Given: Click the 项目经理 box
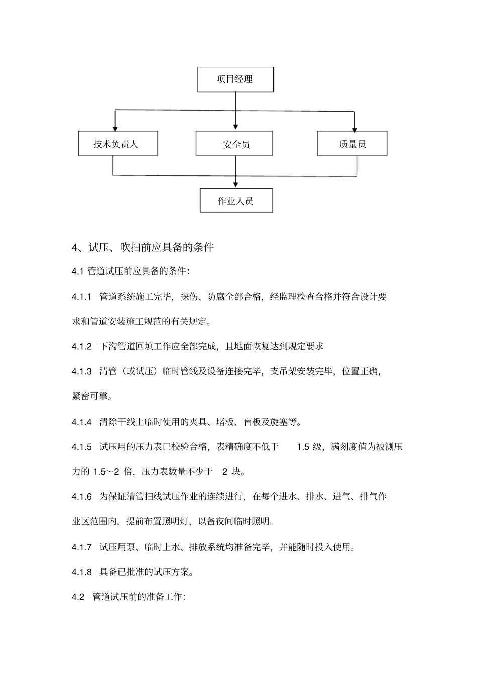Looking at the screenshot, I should [x=235, y=79].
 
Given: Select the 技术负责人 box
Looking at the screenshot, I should [x=118, y=144].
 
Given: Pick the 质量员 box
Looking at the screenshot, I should [x=352, y=144].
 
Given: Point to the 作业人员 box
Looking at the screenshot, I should [x=235, y=201].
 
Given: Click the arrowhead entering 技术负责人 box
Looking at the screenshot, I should [x=115, y=128].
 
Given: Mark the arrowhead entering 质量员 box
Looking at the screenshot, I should [x=354, y=128].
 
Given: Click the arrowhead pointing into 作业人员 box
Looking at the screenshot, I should [x=235, y=185].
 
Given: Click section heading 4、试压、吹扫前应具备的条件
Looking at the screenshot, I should [x=144, y=247].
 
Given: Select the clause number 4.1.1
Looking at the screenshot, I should [x=82, y=297].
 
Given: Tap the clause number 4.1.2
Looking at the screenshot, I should [x=82, y=347].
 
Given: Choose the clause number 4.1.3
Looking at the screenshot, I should [x=82, y=372].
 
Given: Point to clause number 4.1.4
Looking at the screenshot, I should [x=82, y=422].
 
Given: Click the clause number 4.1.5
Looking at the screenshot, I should [x=82, y=447].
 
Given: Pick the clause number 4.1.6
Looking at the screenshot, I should [x=82, y=497].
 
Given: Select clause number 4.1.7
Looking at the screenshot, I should [x=82, y=547].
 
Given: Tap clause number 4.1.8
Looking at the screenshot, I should [x=82, y=572].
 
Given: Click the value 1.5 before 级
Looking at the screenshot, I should [x=303, y=447].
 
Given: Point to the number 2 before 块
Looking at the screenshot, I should [x=225, y=472].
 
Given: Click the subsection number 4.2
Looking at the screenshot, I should [x=78, y=597].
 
